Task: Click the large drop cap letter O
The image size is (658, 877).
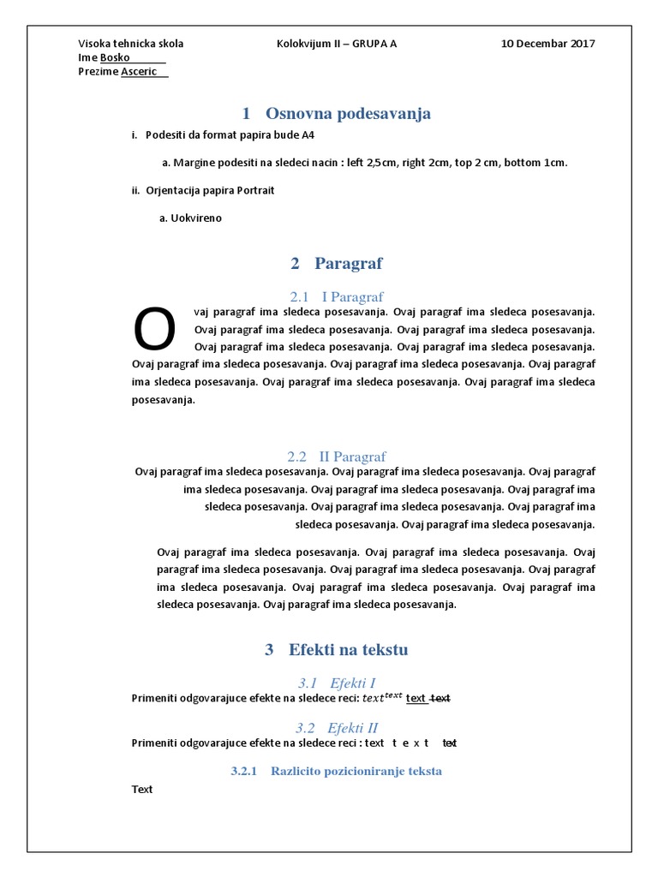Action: pyautogui.click(x=155, y=330)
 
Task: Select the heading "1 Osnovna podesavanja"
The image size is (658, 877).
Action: pyautogui.click(x=337, y=113)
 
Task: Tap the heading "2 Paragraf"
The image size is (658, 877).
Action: pyautogui.click(x=337, y=263)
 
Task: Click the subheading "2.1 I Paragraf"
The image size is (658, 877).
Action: pyautogui.click(x=337, y=296)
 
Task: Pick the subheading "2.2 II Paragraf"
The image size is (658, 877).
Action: pyautogui.click(x=337, y=456)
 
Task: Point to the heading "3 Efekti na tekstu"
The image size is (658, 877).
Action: pyautogui.click(x=337, y=650)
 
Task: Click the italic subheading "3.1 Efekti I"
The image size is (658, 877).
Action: pyautogui.click(x=337, y=683)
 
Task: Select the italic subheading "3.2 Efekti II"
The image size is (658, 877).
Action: pyautogui.click(x=337, y=728)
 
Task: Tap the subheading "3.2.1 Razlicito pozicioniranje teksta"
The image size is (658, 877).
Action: pyautogui.click(x=337, y=771)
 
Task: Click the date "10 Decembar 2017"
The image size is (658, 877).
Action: pyautogui.click(x=548, y=44)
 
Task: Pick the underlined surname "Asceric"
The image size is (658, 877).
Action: pyautogui.click(x=139, y=71)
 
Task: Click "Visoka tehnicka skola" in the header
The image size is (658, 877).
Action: pyautogui.click(x=131, y=44)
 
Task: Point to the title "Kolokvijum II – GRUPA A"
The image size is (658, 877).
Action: pyautogui.click(x=337, y=44)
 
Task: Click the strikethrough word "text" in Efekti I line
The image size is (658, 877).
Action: pyautogui.click(x=440, y=699)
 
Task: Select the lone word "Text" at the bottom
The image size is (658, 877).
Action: pyautogui.click(x=142, y=789)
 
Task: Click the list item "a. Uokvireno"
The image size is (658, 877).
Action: pyautogui.click(x=191, y=218)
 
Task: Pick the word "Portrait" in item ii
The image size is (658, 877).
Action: pyautogui.click(x=254, y=190)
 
